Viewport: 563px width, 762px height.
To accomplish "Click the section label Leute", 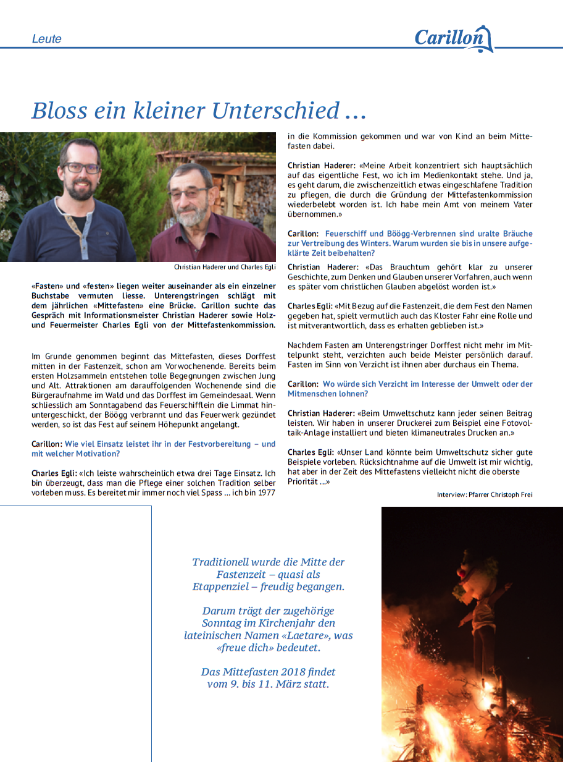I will pos(47,39).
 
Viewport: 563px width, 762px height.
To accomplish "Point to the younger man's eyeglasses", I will pos(81,167).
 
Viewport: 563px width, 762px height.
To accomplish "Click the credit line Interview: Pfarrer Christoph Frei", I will pos(484,494).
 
